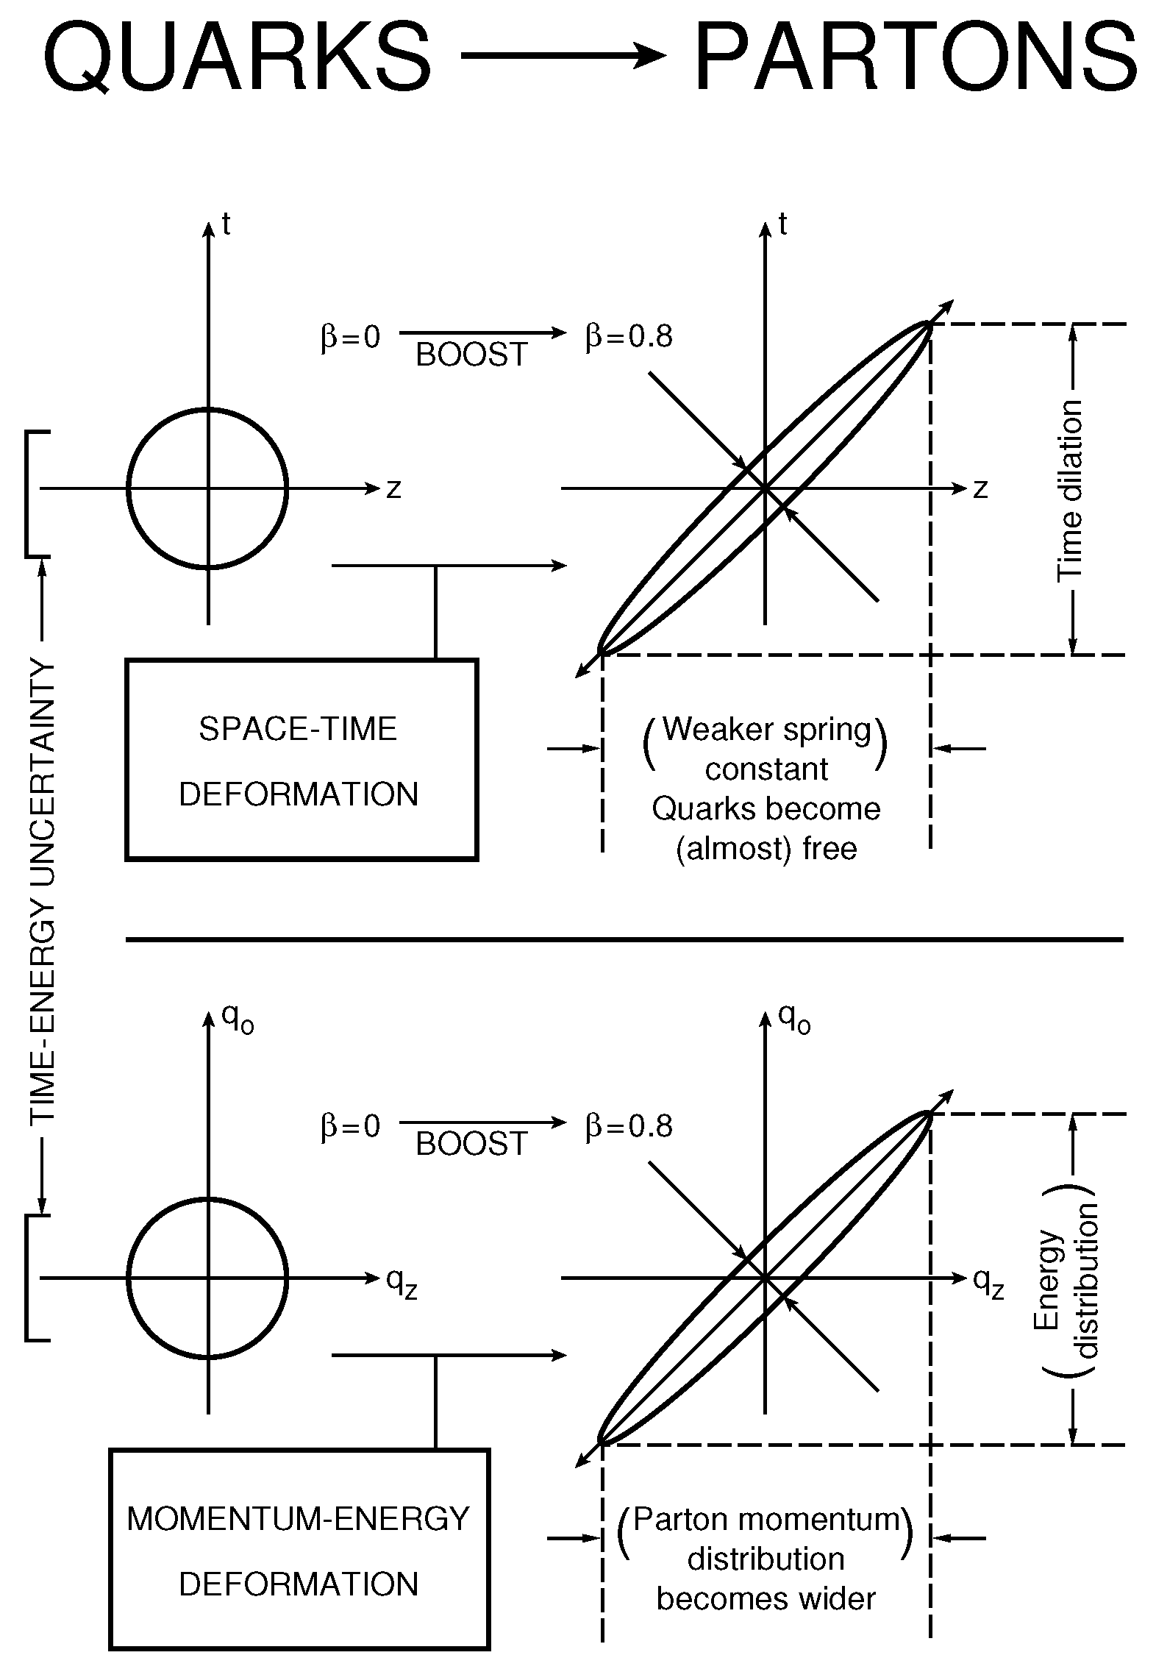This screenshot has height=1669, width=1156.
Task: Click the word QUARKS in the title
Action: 237,57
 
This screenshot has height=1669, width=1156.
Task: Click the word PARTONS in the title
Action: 916,57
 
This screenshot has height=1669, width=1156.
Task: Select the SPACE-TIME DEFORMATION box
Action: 302,759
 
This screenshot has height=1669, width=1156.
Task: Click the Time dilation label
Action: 1071,491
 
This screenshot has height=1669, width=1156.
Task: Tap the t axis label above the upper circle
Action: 226,225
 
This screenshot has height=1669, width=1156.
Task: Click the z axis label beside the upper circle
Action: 394,489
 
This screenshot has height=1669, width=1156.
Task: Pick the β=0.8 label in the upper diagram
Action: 629,337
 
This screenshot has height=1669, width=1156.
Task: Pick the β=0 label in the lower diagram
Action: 350,1126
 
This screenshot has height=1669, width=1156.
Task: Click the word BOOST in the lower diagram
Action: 472,1144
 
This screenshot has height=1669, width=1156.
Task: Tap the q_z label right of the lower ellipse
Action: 988,1282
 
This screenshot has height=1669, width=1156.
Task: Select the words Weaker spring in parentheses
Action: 766,730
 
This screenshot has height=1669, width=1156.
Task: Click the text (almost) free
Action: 766,849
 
